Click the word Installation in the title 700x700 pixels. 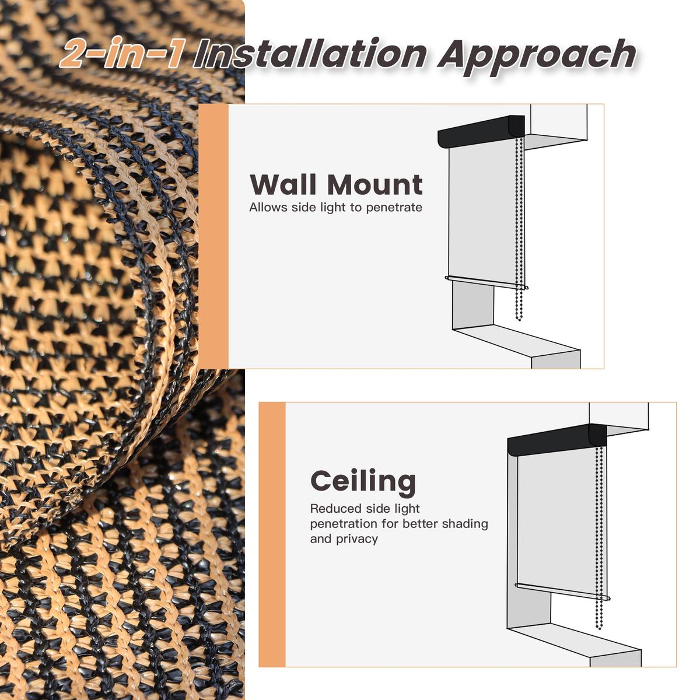(x=310, y=54)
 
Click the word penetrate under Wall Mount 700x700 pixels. (x=394, y=208)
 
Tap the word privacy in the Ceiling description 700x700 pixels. (x=357, y=539)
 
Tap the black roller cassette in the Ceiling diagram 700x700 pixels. (x=556, y=439)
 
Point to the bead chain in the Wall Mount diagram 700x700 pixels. (x=520, y=229)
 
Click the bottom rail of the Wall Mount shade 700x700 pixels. (x=487, y=282)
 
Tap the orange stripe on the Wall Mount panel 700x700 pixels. (x=213, y=236)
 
